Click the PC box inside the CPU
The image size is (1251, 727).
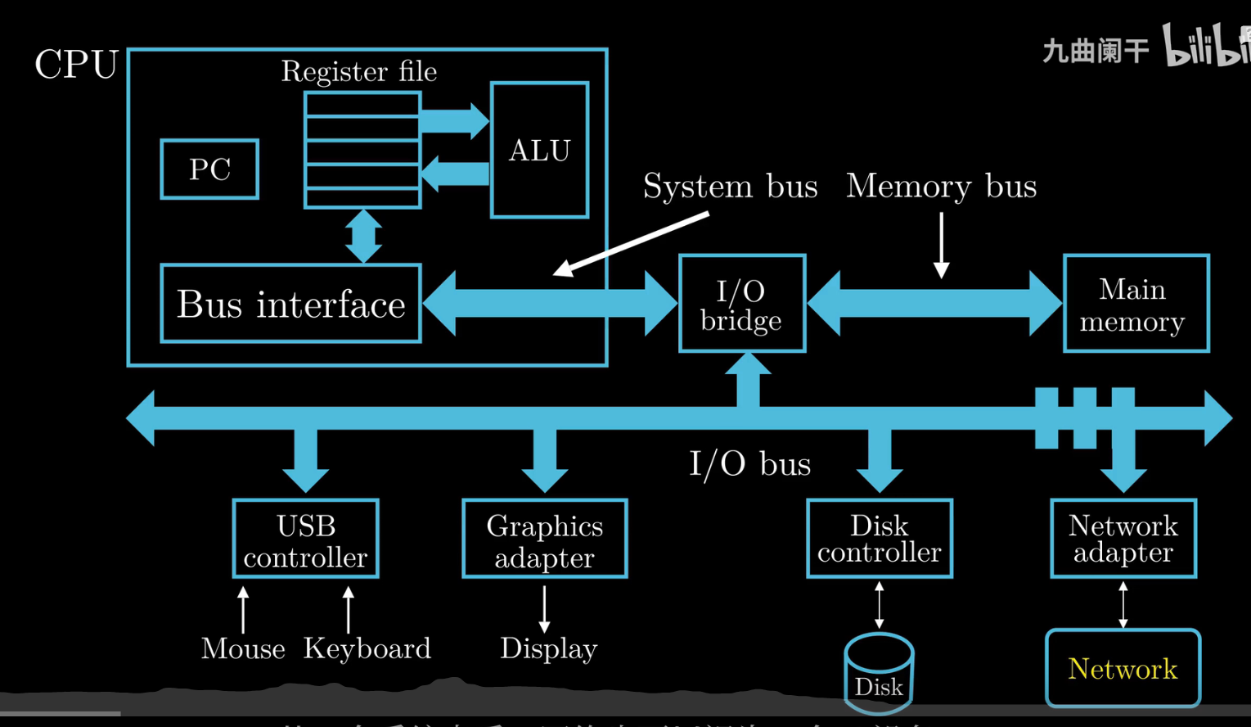click(x=209, y=169)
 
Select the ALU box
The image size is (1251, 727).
click(x=539, y=151)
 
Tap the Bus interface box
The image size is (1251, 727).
click(x=290, y=304)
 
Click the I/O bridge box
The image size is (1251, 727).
click(x=741, y=304)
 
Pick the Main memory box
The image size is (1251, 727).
click(x=1136, y=304)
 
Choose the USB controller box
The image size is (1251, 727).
click(x=305, y=540)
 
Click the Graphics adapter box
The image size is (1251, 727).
click(x=544, y=540)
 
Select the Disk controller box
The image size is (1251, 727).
click(x=880, y=539)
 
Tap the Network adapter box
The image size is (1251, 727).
click(x=1123, y=539)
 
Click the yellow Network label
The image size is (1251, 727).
click(x=1123, y=669)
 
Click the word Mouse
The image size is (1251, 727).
click(x=243, y=648)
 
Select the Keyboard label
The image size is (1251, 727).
click(x=367, y=648)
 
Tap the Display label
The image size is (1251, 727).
click(x=548, y=648)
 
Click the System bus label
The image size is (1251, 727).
click(x=730, y=187)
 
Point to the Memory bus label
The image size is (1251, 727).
click(x=941, y=187)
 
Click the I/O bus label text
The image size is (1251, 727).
click(x=749, y=464)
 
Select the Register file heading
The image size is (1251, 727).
click(x=358, y=72)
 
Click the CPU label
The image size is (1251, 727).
click(x=76, y=65)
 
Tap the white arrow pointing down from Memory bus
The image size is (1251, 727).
click(x=942, y=245)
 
